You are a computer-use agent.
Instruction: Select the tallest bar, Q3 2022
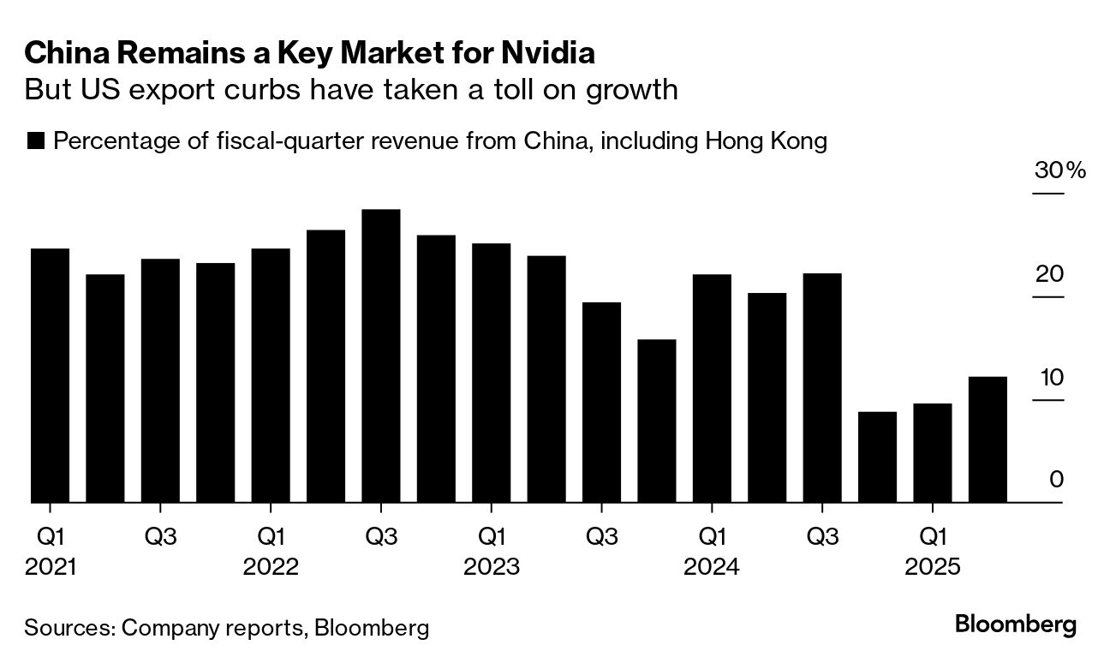coord(380,355)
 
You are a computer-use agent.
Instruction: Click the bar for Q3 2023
coord(601,402)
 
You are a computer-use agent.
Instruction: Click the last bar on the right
coord(988,439)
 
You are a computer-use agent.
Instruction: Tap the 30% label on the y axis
coord(1059,170)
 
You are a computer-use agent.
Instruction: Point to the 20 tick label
coord(1049,274)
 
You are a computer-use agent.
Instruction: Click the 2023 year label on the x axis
coord(491,567)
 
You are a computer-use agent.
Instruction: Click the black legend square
coord(35,141)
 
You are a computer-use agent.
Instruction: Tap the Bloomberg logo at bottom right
coord(1015,624)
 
